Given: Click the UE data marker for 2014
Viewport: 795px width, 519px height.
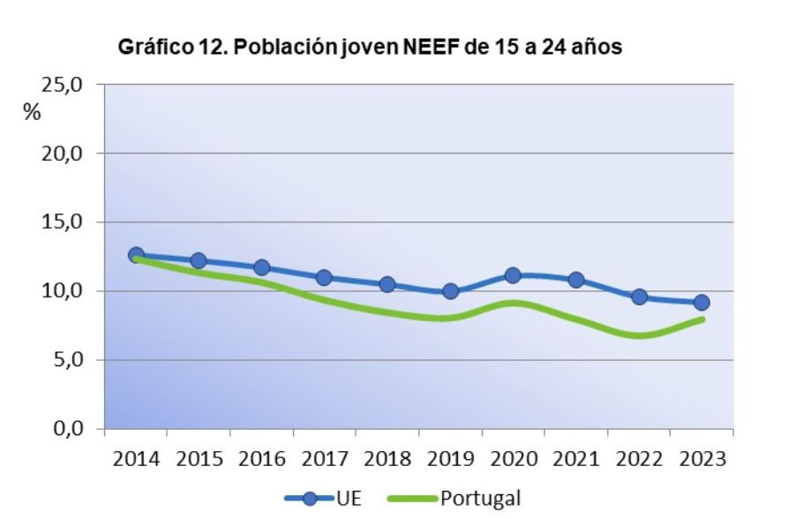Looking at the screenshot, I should (x=136, y=255).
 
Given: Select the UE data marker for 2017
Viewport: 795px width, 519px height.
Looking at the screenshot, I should (x=324, y=277).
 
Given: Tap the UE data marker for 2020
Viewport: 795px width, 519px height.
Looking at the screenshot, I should (x=513, y=275).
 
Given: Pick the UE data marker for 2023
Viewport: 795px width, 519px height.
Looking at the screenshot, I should (x=701, y=303).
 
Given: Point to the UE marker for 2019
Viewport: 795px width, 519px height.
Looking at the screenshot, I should (x=450, y=290).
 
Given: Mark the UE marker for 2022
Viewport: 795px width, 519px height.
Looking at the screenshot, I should (x=639, y=297).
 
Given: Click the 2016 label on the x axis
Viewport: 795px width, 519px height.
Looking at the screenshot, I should (x=261, y=460).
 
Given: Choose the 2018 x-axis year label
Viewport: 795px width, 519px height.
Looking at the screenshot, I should (x=387, y=460).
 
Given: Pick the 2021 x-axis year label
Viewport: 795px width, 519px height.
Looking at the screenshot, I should (x=576, y=460).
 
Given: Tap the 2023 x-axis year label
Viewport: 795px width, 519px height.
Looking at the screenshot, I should (x=702, y=460).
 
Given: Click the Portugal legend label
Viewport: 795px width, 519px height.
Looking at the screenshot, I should (x=480, y=499).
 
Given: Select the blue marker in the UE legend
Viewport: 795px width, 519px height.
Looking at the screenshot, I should (x=309, y=499).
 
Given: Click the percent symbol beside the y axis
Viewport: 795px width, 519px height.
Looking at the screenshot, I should (x=32, y=113).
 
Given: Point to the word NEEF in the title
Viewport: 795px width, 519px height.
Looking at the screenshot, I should (x=431, y=48).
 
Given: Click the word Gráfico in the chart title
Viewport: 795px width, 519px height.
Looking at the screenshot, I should (x=150, y=48).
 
